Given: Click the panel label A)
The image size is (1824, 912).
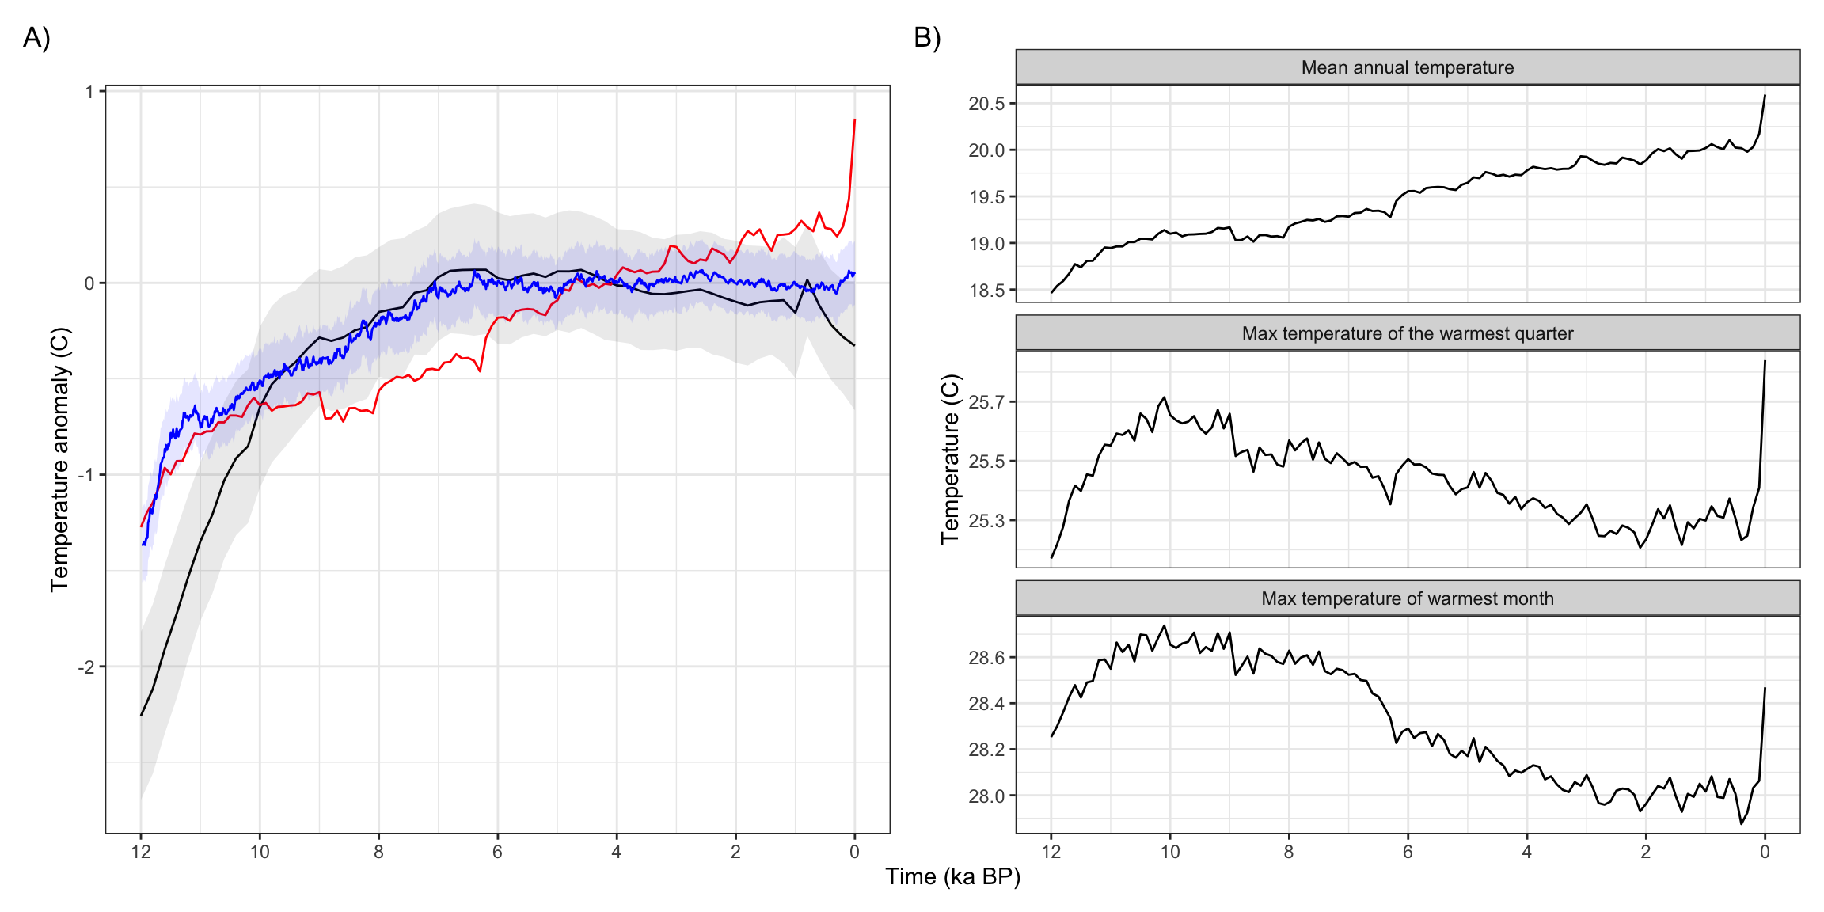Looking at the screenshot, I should pyautogui.click(x=36, y=38).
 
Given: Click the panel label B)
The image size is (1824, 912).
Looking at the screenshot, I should pyautogui.click(x=927, y=38).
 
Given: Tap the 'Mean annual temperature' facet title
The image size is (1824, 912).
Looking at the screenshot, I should pyautogui.click(x=1407, y=67).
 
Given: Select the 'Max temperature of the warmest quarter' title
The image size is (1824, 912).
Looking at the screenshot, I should pyautogui.click(x=1407, y=333).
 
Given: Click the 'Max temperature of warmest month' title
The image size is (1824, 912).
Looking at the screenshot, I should pyautogui.click(x=1407, y=598).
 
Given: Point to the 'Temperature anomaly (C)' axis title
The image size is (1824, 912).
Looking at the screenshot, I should pyautogui.click(x=60, y=459).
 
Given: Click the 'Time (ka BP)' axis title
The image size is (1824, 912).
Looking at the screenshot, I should pyautogui.click(x=952, y=876).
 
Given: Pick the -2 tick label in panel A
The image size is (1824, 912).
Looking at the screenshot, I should pyautogui.click(x=85, y=667).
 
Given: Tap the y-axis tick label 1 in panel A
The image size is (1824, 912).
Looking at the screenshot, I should pyautogui.click(x=89, y=92).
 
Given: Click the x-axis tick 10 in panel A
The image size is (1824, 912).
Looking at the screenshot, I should pyautogui.click(x=260, y=852).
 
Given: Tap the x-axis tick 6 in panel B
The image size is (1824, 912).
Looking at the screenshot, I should pyautogui.click(x=1408, y=852).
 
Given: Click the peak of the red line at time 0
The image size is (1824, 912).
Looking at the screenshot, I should pyautogui.click(x=854, y=120).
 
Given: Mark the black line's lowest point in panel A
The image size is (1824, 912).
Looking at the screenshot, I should pyautogui.click(x=142, y=715).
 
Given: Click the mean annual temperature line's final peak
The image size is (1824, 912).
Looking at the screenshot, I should pyautogui.click(x=1765, y=96).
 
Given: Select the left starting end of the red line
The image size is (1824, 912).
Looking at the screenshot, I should pyautogui.click(x=142, y=526).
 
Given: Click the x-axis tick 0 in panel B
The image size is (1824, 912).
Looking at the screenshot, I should pyautogui.click(x=1765, y=852).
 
